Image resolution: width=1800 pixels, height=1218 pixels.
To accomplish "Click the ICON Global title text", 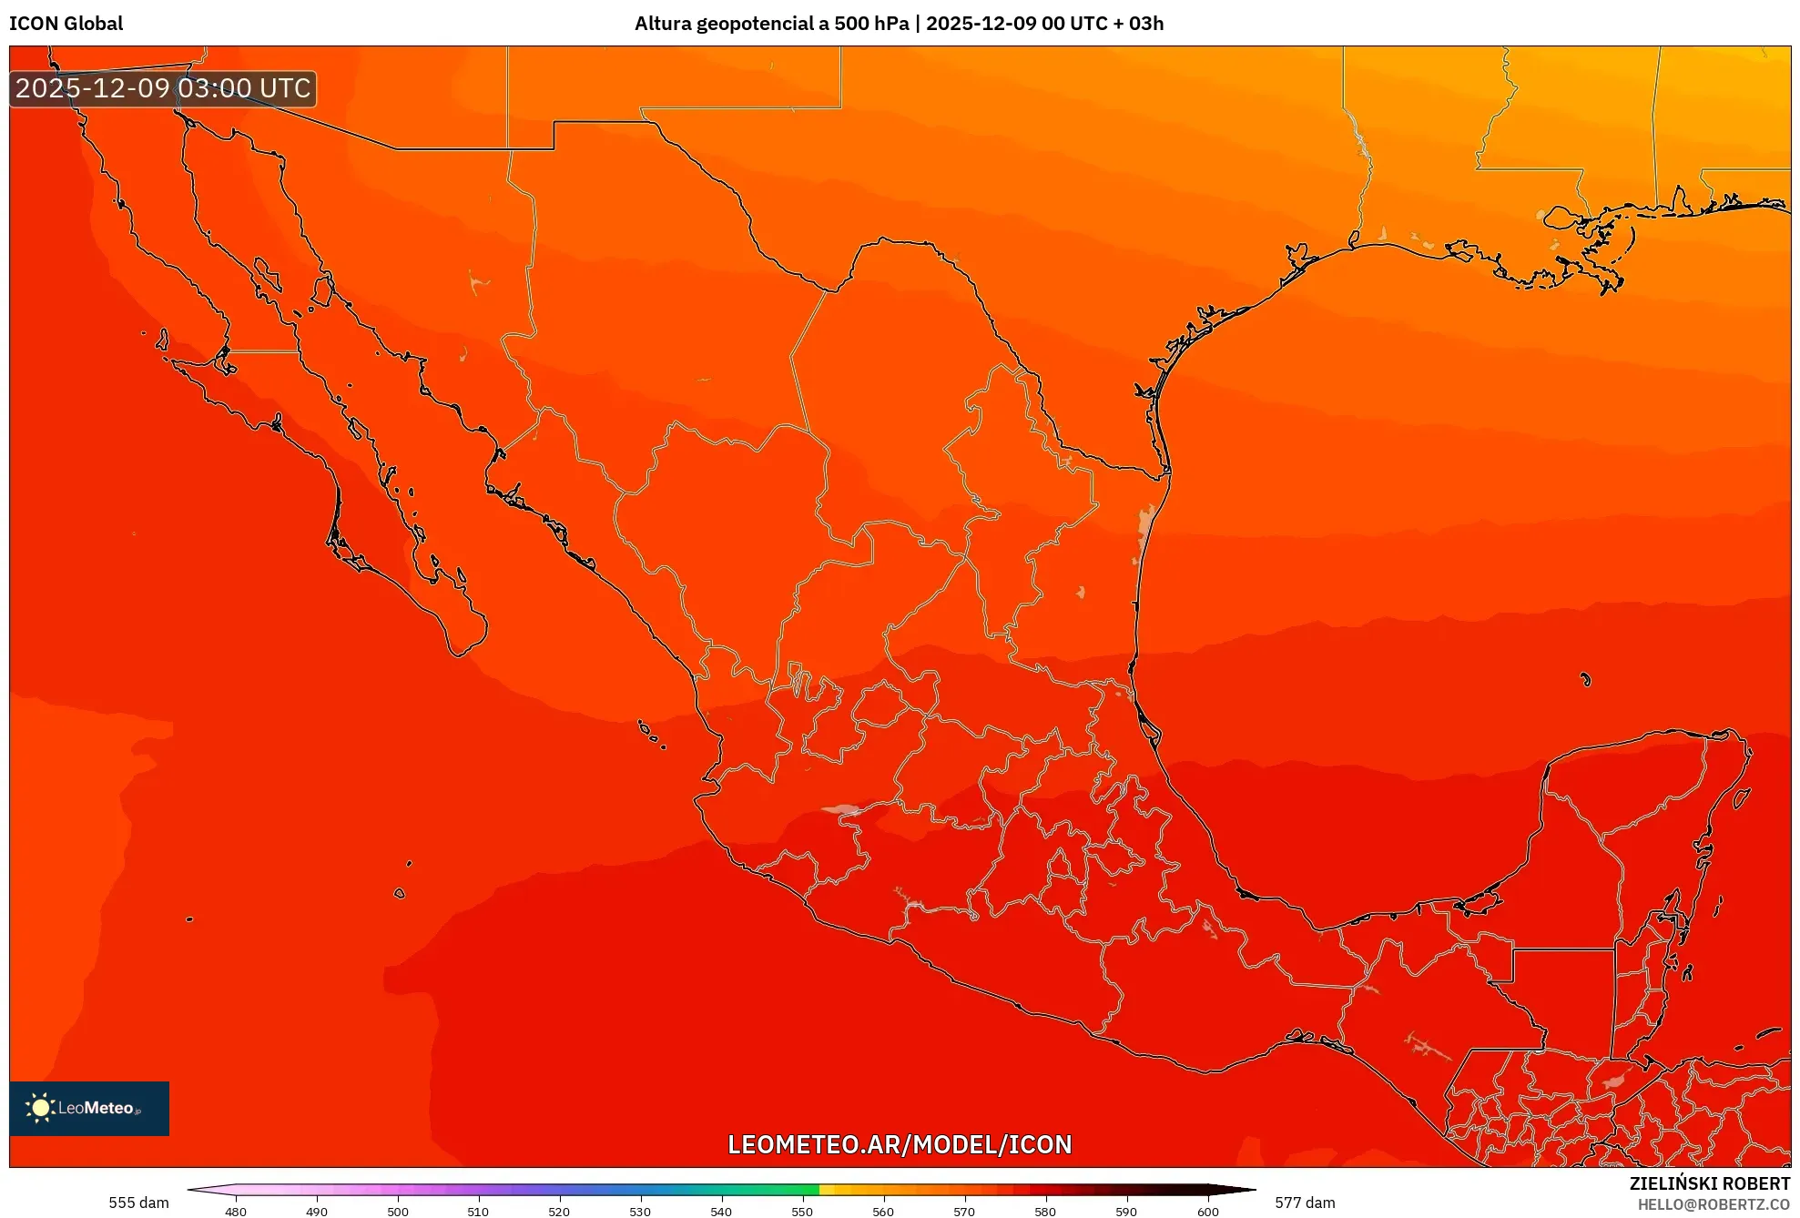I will click(66, 24).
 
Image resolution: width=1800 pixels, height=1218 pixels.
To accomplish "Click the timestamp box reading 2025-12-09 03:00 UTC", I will click(163, 88).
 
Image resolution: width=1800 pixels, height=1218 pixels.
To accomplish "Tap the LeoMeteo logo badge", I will click(89, 1108).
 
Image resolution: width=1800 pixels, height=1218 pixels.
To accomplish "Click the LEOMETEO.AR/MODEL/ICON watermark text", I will click(900, 1144).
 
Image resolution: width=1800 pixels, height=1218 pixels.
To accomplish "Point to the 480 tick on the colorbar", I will click(236, 1211).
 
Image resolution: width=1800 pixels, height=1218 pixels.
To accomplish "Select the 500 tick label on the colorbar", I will click(398, 1211).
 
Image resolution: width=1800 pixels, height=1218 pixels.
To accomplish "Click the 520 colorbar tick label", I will click(559, 1211).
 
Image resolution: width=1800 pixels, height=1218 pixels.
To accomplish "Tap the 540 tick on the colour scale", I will click(721, 1211).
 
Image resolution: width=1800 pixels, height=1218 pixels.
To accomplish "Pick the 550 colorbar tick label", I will click(802, 1211).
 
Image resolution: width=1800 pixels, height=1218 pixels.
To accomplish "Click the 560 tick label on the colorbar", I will click(883, 1211).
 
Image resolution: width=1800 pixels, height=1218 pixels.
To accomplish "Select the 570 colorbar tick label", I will click(964, 1211).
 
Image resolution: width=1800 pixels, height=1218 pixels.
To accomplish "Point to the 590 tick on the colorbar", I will click(1126, 1211).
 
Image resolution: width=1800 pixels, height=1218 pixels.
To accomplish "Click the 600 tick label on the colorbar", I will click(1207, 1211).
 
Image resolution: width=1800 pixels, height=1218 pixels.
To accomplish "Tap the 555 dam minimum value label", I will click(138, 1203).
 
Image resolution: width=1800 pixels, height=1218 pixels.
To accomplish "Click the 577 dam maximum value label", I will click(1305, 1203).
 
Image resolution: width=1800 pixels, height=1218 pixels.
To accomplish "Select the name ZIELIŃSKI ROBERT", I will click(1709, 1183).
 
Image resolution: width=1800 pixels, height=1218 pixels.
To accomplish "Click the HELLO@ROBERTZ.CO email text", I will click(1714, 1204).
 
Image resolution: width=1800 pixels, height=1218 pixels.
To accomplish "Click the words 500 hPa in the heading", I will click(871, 24).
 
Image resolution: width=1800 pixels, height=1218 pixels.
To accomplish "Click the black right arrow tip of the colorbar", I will click(1248, 1190).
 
